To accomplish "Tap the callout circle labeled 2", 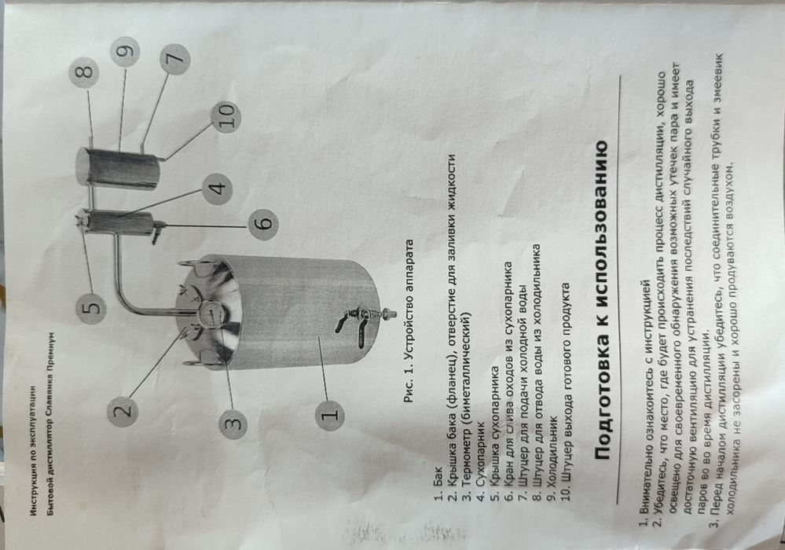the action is tap(123, 411).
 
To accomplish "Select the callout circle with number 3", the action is tap(234, 423).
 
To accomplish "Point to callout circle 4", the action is tap(218, 189).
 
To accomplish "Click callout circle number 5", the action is tap(92, 306).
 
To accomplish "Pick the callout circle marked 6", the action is tap(263, 222).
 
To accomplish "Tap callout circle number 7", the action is tap(175, 59).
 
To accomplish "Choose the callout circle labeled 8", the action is tap(84, 72).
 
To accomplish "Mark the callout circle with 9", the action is tap(125, 52).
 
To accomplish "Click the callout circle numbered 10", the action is tap(226, 116).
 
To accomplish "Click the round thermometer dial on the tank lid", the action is tap(211, 313).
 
